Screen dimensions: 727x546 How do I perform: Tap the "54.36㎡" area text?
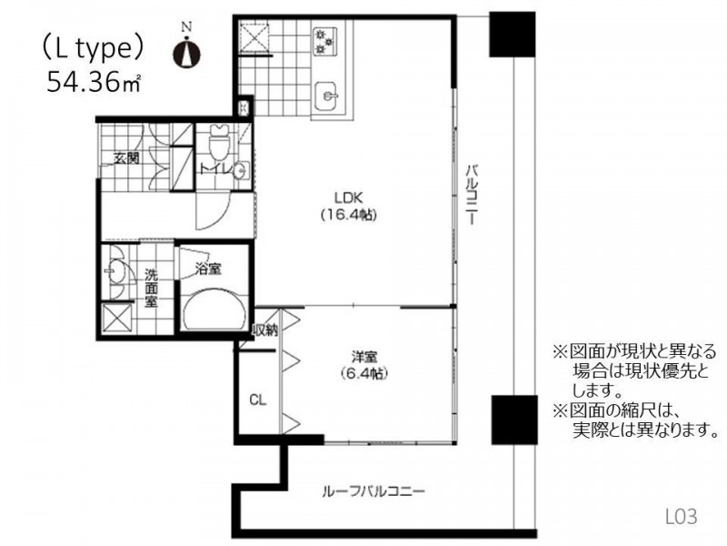pos(95,82)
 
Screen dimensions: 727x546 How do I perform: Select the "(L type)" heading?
pos(93,48)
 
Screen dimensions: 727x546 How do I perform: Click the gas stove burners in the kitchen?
pos(324,41)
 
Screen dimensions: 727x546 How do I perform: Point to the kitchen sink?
pos(326,96)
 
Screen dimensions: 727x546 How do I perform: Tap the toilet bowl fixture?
pos(218,142)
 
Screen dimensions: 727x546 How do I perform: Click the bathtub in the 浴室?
pos(214,309)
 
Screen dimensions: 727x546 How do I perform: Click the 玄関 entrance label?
pos(126,158)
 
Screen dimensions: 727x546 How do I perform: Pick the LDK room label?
pos(348,197)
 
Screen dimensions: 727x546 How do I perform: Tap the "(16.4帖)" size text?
pos(348,215)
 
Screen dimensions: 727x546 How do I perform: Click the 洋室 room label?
pos(364,357)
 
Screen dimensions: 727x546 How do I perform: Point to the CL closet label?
pos(258,399)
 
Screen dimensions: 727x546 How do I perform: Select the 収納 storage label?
pos(264,330)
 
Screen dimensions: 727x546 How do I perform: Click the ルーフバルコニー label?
pos(373,490)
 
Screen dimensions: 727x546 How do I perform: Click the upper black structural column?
pos(513,35)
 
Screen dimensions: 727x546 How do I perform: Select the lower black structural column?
pos(514,420)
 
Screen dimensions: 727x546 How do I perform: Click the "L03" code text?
pos(681,516)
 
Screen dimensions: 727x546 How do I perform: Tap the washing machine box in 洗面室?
pos(117,318)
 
